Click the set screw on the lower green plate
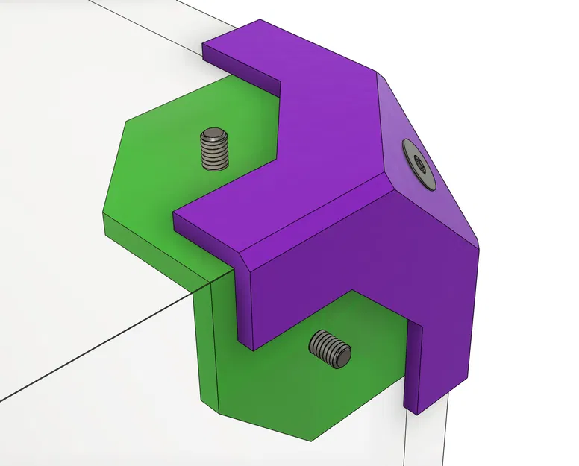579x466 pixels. point(330,348)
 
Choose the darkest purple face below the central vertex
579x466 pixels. point(358,283)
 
